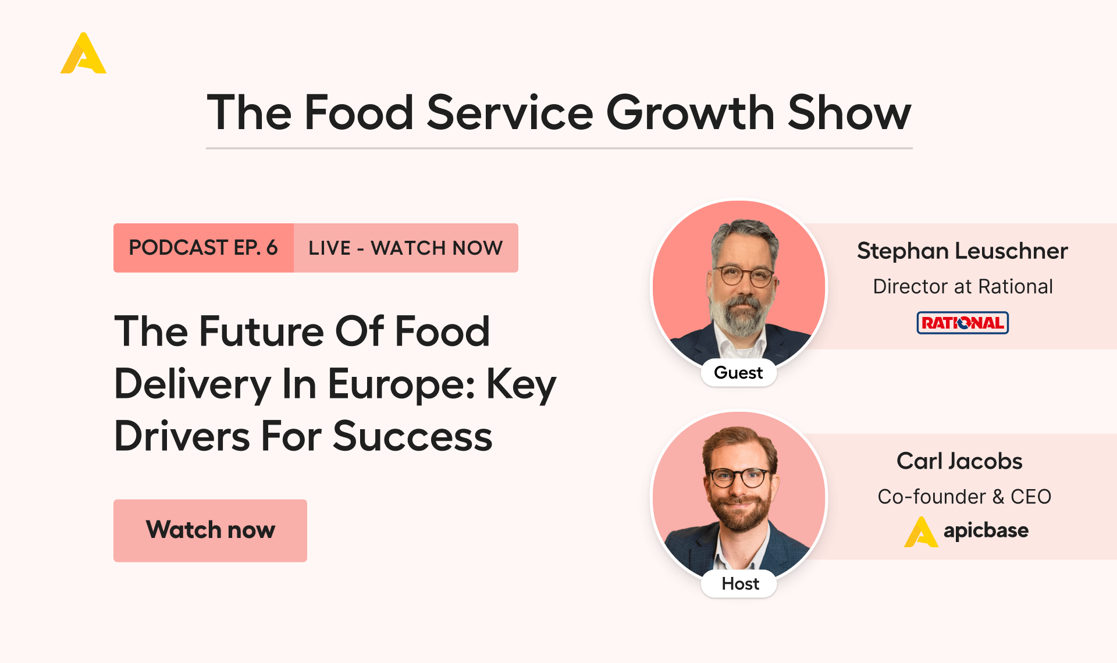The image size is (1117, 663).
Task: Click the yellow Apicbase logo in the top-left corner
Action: pos(83,54)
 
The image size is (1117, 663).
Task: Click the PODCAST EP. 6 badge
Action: pos(204,248)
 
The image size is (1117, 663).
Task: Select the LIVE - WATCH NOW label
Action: pos(405,248)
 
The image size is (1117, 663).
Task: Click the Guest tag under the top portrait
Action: pos(738,373)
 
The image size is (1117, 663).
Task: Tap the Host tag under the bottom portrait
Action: pos(740,583)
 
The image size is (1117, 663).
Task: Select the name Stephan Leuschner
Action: pos(962,251)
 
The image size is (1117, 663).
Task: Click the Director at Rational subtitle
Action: pos(963,287)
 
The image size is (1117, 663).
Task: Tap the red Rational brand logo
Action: pos(963,323)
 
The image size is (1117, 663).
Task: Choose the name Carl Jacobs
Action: pos(959,461)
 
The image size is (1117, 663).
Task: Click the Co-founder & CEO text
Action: pos(964,497)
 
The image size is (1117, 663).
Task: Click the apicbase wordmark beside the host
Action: pos(986,530)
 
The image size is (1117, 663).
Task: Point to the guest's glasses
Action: pos(744,276)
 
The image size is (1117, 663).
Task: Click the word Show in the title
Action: pos(849,113)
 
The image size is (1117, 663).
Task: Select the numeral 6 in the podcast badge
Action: pos(272,248)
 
